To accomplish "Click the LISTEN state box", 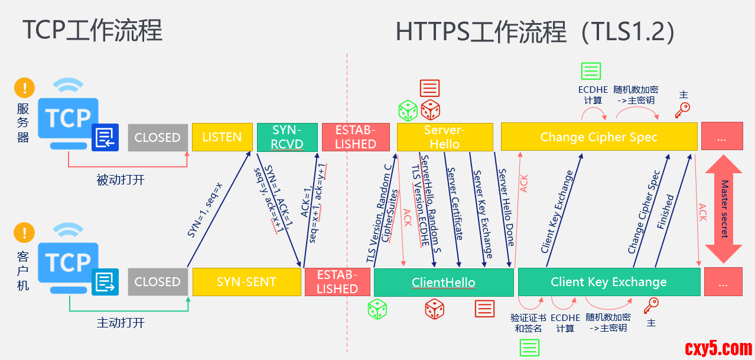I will tap(222, 137).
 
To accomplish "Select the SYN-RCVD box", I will tap(287, 137).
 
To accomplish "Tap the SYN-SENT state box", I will tap(246, 282).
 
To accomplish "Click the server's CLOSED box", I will tap(157, 137).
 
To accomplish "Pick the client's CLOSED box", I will tap(157, 282).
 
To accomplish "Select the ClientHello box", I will tap(444, 282).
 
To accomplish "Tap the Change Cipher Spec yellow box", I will tap(598, 137).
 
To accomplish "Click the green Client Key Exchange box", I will tap(608, 282).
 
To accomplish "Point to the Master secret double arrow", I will tap(723, 209).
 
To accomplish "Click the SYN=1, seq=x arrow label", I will tap(205, 210).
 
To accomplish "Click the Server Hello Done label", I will tap(507, 207).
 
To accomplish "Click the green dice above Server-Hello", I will tap(408, 111).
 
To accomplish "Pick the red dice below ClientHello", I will tap(435, 309).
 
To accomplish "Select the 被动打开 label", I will tap(120, 180).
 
